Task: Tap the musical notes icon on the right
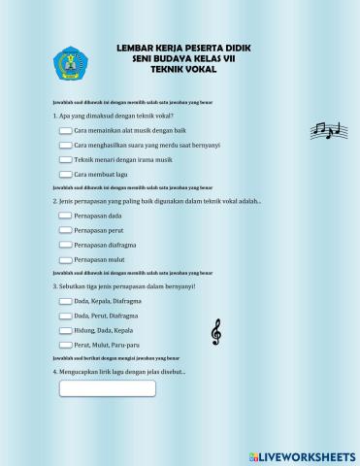click(x=326, y=131)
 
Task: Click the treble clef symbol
click(x=215, y=333)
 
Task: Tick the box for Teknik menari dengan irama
click(x=65, y=159)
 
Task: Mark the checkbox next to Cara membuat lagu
click(x=65, y=174)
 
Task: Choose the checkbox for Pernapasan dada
click(x=65, y=216)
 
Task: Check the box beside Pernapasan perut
click(x=65, y=230)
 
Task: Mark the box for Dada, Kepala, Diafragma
click(x=65, y=302)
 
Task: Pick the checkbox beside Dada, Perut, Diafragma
click(x=65, y=316)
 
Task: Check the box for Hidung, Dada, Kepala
click(x=65, y=331)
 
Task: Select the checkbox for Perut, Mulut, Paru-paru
click(x=65, y=346)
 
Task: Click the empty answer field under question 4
click(x=108, y=388)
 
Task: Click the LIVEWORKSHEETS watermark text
click(x=309, y=455)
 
